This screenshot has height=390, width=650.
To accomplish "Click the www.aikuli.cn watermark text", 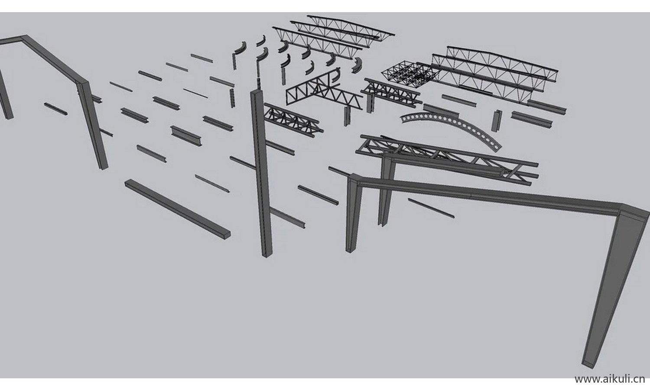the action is click(x=610, y=379).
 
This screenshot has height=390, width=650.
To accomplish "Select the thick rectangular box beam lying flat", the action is click(x=178, y=208).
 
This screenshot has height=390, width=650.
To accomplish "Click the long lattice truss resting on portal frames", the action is click(x=447, y=159).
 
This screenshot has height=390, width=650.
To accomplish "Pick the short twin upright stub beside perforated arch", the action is click(x=497, y=120).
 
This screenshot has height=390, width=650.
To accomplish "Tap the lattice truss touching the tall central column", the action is click(x=293, y=120).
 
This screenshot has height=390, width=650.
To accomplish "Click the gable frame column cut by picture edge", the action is click(x=5, y=96).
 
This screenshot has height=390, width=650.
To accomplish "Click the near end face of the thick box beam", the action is click(x=227, y=235).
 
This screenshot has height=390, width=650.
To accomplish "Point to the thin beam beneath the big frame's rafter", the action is click(x=431, y=208).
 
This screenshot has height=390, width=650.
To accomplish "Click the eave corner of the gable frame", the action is click(x=83, y=83).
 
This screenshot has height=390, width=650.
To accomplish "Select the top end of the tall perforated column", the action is click(x=257, y=92).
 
